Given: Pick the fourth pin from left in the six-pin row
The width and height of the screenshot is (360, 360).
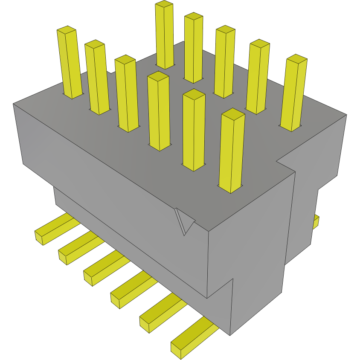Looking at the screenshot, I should pos(159,111).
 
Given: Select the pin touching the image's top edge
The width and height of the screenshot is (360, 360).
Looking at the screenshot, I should pos(165,34).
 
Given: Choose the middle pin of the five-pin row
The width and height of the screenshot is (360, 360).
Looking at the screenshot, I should pos(224,61).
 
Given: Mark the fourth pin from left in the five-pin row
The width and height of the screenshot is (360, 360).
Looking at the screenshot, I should pos(258,77).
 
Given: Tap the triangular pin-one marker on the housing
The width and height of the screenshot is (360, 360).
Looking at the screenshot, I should pos(184,221).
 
